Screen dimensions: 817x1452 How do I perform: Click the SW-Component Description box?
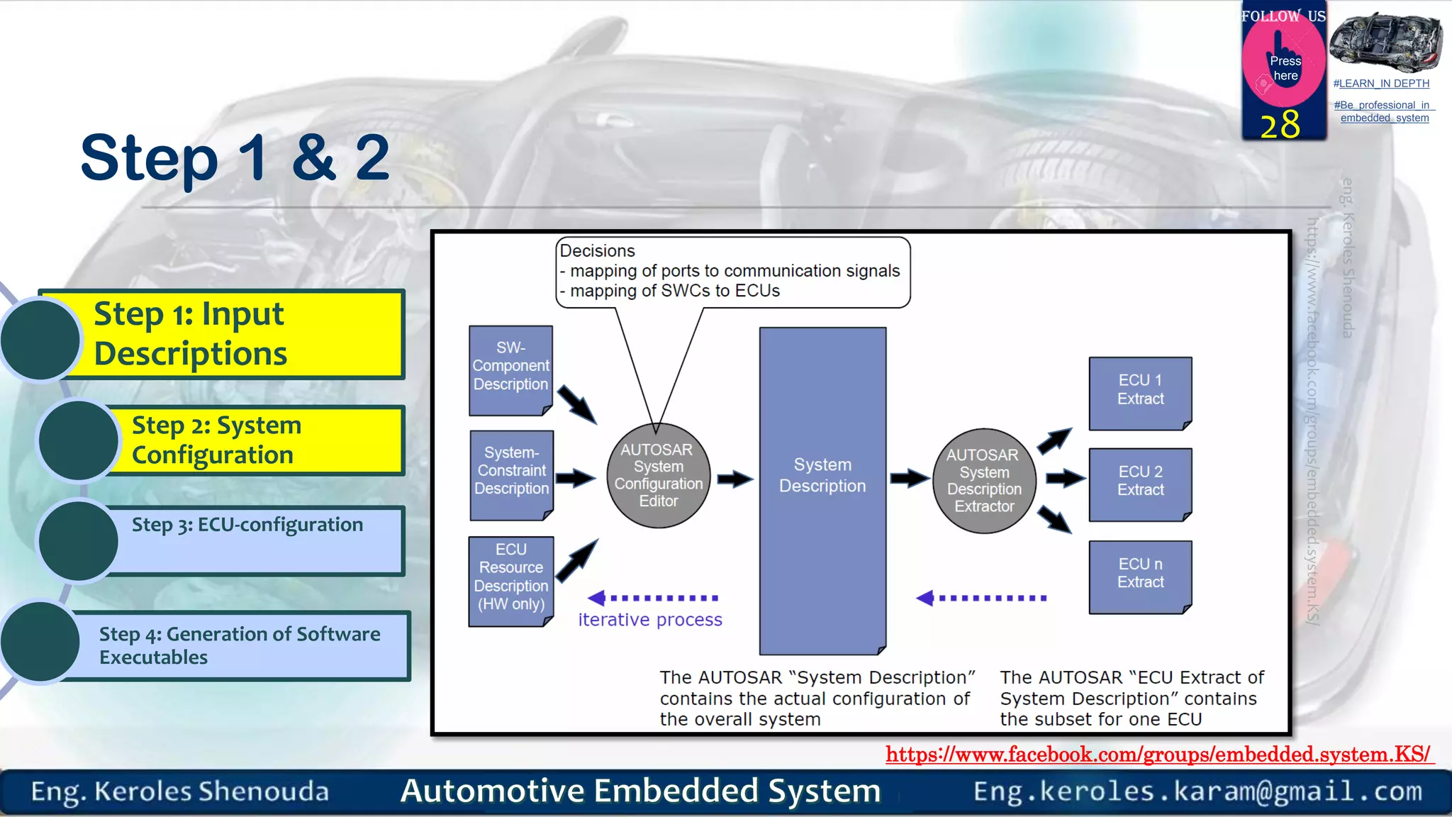(510, 369)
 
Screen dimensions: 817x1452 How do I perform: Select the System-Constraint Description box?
(511, 474)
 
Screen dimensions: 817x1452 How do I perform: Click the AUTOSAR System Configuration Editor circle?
(659, 475)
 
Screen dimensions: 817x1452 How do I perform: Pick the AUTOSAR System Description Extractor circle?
(983, 480)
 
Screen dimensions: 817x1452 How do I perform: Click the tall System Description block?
(822, 489)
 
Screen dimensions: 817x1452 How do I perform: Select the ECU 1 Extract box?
(1140, 392)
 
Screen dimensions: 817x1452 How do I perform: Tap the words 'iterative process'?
(649, 620)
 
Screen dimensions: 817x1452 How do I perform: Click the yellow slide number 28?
(1280, 126)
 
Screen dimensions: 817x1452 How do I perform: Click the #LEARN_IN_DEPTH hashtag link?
(1381, 84)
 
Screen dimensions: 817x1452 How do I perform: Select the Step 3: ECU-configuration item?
(247, 526)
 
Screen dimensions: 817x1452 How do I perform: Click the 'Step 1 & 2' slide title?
(235, 157)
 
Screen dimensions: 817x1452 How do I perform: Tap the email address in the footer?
(1197, 791)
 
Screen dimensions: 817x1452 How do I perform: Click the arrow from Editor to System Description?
(735, 479)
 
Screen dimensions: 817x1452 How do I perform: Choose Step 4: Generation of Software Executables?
(239, 645)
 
